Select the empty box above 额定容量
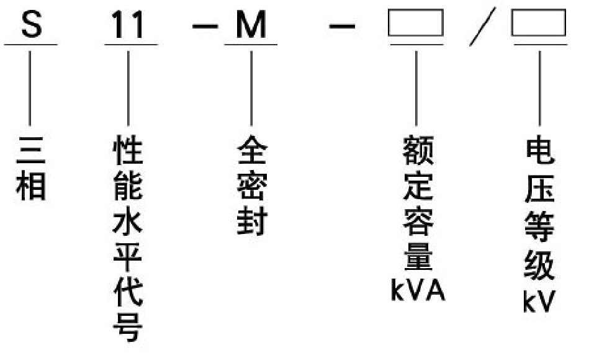coord(415,24)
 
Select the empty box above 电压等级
coord(538,24)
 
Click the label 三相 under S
coord(30,168)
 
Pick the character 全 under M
coord(251,151)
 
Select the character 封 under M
coord(251,222)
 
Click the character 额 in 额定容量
coord(418,151)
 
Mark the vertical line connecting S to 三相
coord(30,87)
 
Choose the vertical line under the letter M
coord(251,87)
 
